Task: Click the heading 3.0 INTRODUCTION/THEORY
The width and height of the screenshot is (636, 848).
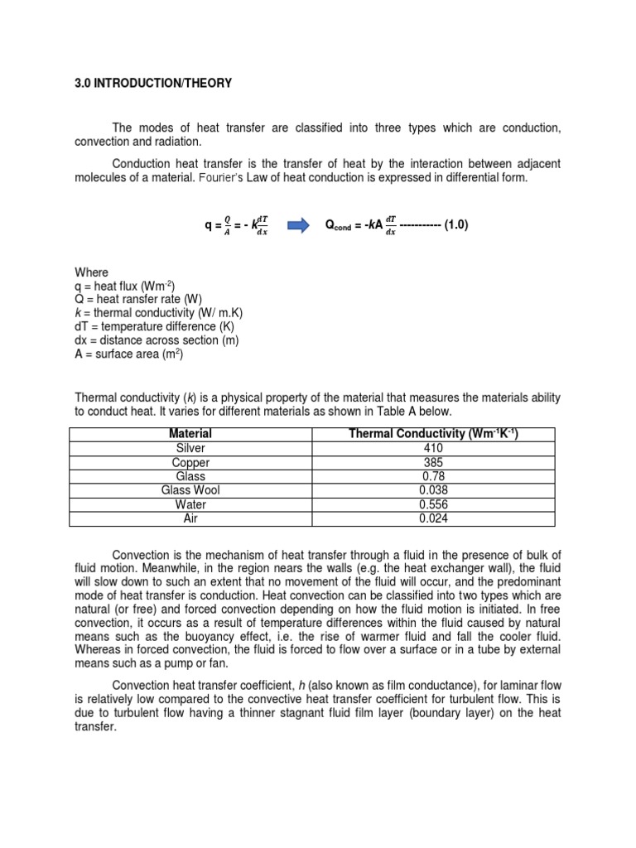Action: point(153,84)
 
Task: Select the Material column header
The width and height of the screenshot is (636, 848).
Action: point(190,434)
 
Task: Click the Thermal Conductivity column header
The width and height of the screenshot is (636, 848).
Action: point(433,434)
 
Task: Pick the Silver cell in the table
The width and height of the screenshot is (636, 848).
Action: point(190,448)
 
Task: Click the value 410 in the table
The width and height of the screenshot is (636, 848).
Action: point(433,448)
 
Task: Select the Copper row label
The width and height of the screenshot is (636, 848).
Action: point(190,462)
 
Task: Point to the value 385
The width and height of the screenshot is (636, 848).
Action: point(433,462)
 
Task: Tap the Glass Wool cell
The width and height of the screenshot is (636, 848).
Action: point(190,490)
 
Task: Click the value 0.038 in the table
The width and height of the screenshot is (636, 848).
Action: point(433,490)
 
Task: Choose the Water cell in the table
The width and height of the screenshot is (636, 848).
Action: point(190,504)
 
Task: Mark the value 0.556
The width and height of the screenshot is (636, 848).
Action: point(433,504)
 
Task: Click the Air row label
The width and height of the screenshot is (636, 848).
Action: point(190,518)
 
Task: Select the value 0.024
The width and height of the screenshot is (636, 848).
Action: point(433,518)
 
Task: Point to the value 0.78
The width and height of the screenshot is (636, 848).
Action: point(433,476)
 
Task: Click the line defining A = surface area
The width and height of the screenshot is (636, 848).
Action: point(128,355)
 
